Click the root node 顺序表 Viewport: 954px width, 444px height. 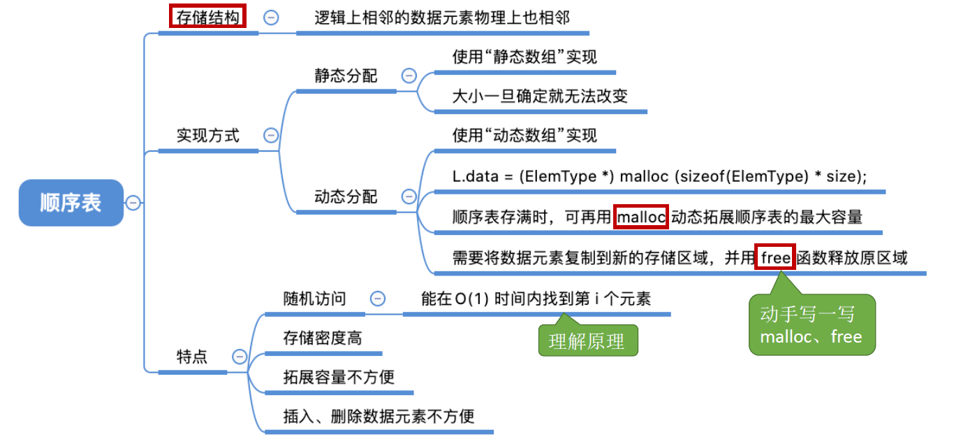pyautogui.click(x=71, y=203)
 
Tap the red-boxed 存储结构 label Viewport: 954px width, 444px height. pyautogui.click(x=208, y=17)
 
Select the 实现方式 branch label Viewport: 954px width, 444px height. pyautogui.click(x=207, y=136)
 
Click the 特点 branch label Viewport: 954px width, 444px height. pyautogui.click(x=192, y=357)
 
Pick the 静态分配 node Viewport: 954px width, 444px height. pyautogui.click(x=346, y=76)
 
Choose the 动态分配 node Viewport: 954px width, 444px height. pyautogui.click(x=346, y=197)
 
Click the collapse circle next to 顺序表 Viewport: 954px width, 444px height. pyautogui.click(x=133, y=203)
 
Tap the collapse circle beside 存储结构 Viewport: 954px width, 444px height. pyautogui.click(x=271, y=18)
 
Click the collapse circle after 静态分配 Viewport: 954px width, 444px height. pyautogui.click(x=409, y=76)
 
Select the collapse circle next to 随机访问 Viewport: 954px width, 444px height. pyautogui.click(x=377, y=299)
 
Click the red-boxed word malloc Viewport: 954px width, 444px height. pyautogui.click(x=642, y=217)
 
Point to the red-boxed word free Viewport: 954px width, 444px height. pyautogui.click(x=775, y=258)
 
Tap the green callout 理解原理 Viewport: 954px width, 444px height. pyautogui.click(x=587, y=342)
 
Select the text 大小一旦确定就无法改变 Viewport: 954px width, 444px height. pyautogui.click(x=540, y=96)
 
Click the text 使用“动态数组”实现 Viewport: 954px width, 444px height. pyautogui.click(x=524, y=135)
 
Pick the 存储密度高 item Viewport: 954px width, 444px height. pyautogui.click(x=323, y=338)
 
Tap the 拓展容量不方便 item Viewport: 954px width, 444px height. pyautogui.click(x=339, y=378)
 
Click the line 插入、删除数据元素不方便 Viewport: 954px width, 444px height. pyautogui.click(x=379, y=417)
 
